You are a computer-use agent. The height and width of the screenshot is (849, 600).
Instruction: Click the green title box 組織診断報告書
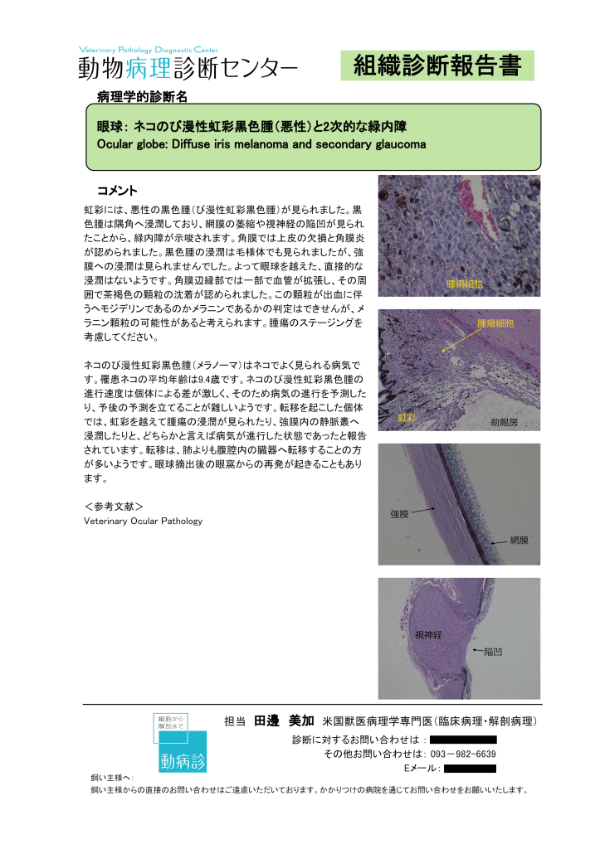click(437, 65)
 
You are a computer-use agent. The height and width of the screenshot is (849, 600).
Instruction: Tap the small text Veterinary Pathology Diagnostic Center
click(148, 50)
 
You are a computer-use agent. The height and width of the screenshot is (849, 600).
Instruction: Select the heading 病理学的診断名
click(142, 97)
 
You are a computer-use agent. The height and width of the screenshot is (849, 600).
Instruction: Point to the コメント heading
click(117, 191)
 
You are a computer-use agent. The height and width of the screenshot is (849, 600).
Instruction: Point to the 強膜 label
click(399, 514)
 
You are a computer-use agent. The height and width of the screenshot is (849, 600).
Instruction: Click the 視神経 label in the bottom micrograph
click(428, 635)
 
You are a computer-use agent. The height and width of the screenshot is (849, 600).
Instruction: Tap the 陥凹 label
click(493, 652)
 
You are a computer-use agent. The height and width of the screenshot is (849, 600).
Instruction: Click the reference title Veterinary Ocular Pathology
click(143, 521)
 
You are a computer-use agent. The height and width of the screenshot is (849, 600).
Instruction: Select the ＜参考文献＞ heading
click(115, 505)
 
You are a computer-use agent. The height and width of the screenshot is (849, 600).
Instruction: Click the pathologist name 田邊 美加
click(284, 720)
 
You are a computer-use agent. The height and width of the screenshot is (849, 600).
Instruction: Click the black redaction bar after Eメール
click(470, 769)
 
